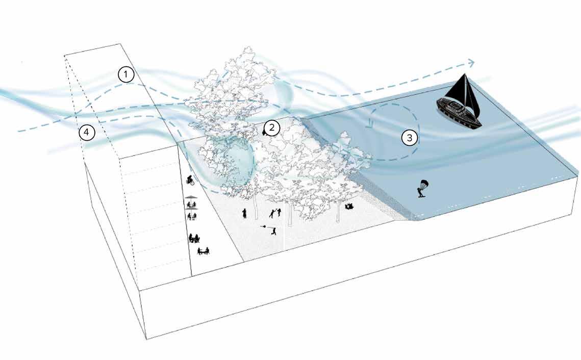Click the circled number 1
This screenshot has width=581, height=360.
coord(125,74)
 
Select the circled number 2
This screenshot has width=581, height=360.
coord(272,127)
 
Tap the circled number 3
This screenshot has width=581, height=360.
coord(409,137)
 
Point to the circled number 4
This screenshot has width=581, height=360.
coord(87,133)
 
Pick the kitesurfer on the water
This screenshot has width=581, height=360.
coord(421,189)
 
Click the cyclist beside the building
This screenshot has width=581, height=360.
coord(190,179)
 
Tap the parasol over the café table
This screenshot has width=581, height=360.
coord(191,198)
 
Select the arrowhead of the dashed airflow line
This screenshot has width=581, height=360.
coord(471,62)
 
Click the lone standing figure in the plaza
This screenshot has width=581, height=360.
coord(245,213)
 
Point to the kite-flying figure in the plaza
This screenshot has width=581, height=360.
coord(274,231)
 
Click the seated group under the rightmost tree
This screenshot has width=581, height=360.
coord(349,206)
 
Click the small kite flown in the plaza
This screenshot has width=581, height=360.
coord(262,225)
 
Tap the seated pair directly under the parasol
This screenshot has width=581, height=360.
coord(191,205)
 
